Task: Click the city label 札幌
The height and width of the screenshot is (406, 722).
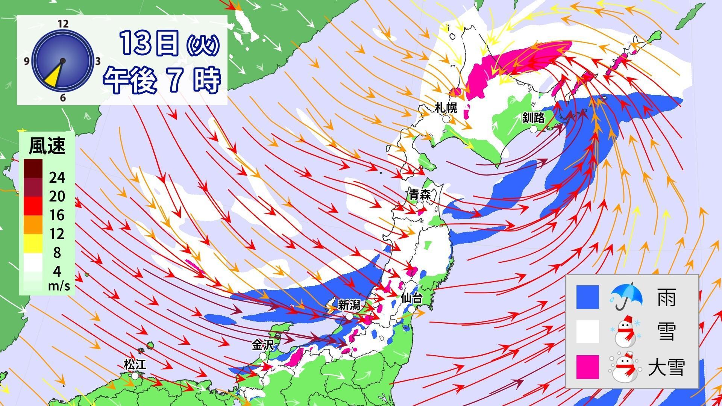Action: point(446,108)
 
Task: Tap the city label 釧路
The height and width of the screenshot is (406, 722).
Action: point(533,118)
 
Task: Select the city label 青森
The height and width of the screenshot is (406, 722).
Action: point(420,195)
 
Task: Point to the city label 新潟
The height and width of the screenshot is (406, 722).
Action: point(349,305)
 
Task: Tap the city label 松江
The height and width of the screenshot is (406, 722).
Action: point(135,364)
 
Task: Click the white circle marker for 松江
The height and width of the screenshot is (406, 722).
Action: point(135,376)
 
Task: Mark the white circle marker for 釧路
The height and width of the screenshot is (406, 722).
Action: point(533,129)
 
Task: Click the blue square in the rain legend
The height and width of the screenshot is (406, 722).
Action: point(588,297)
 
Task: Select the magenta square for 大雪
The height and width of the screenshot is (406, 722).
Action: point(588,367)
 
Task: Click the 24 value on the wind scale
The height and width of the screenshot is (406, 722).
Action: point(57,177)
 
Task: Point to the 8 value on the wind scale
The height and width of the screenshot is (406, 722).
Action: point(57,253)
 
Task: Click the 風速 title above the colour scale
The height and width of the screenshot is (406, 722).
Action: point(47,145)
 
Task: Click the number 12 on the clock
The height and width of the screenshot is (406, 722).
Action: point(63,24)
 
